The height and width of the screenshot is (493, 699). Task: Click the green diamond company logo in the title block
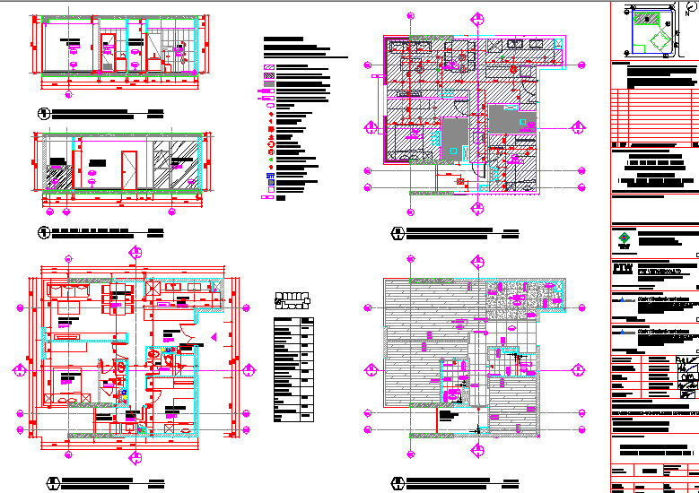pos(624,239)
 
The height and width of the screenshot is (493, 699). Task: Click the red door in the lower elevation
pos(128,169)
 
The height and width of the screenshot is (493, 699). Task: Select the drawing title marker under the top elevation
pos(42,114)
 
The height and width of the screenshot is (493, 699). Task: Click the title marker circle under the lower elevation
pos(42,234)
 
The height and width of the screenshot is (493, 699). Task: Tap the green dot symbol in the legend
pos(270,160)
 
